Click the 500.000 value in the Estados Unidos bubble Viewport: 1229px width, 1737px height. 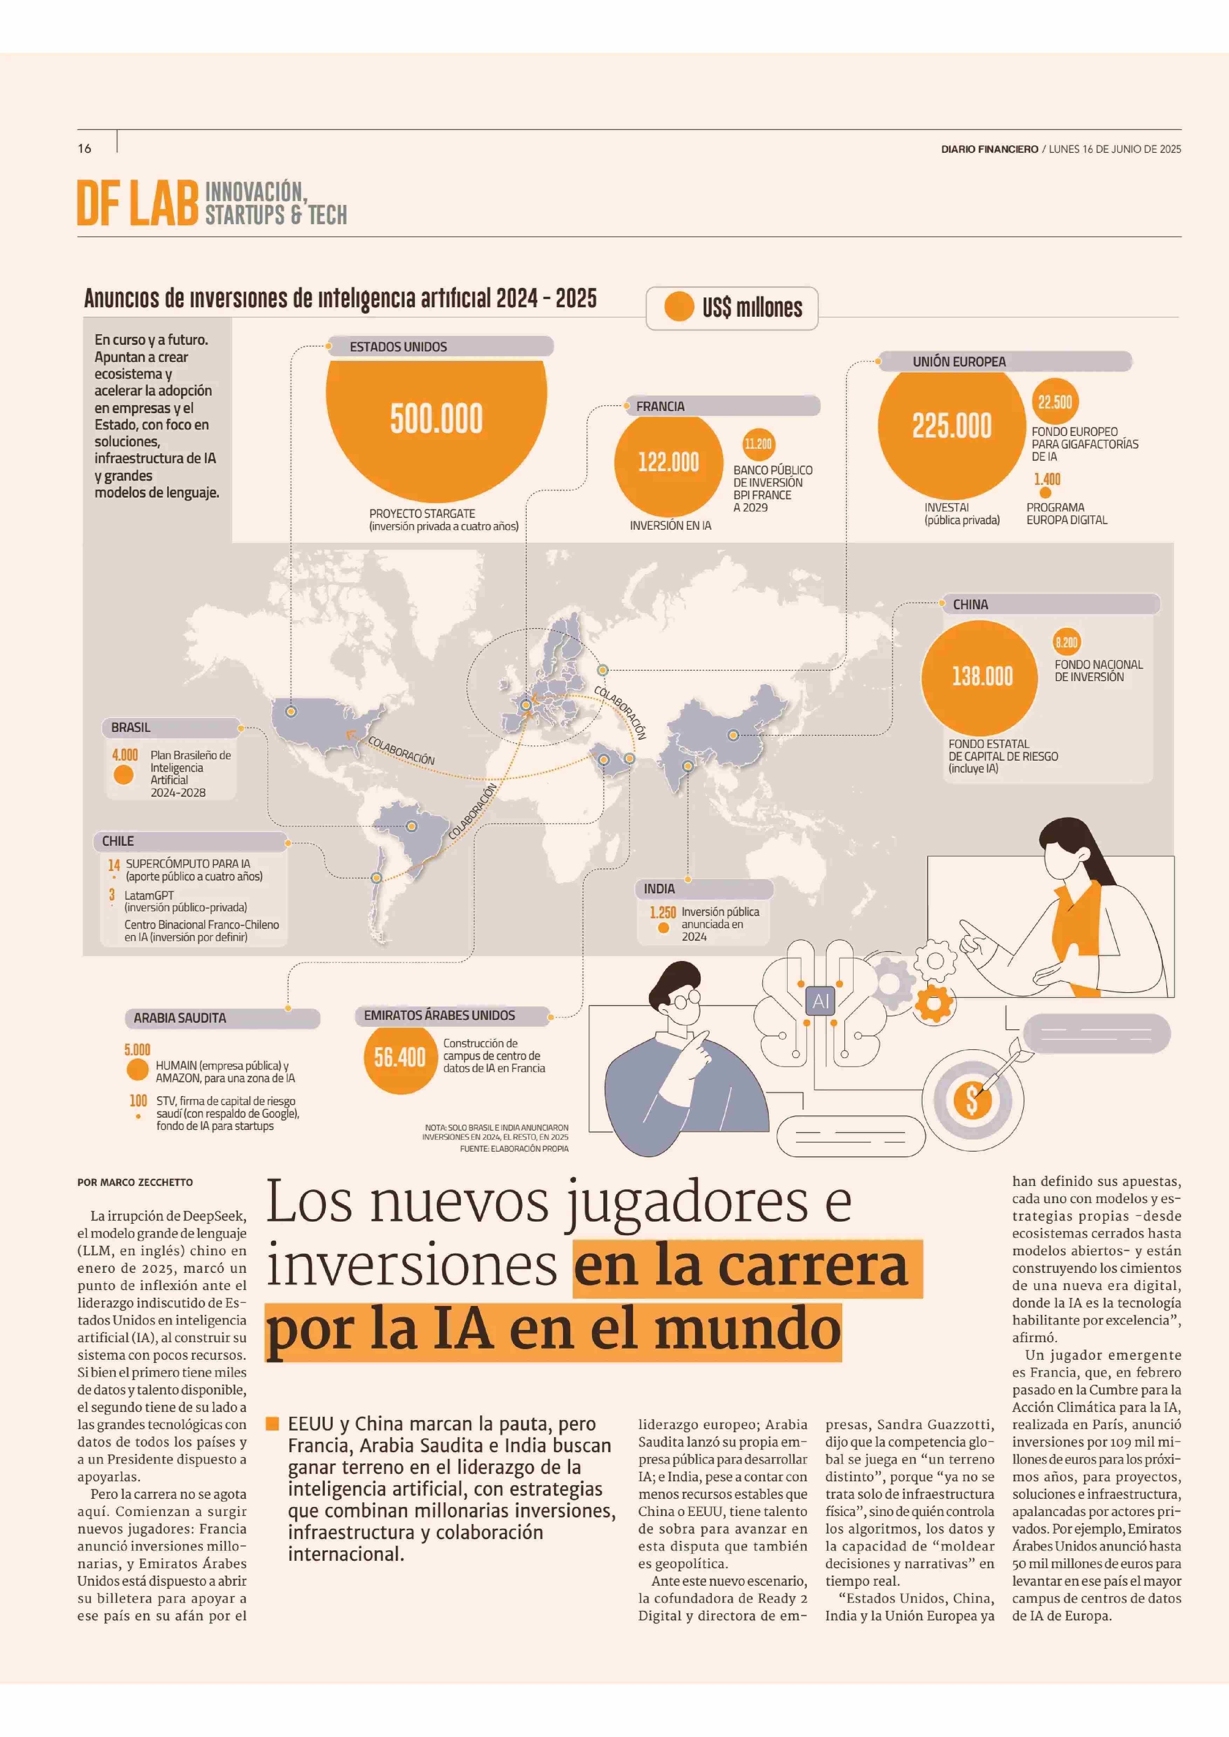[436, 419]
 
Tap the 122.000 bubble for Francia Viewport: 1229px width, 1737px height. [668, 462]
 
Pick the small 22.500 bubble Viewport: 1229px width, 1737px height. [1054, 402]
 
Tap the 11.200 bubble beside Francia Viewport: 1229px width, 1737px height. [757, 444]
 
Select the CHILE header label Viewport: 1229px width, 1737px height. [118, 841]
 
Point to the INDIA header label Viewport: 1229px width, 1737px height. [659, 888]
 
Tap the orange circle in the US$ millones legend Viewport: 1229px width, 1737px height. [679, 307]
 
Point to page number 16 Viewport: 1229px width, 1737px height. [84, 148]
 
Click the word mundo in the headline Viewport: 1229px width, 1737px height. [747, 1330]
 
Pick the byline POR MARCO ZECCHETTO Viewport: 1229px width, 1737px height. [135, 1182]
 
